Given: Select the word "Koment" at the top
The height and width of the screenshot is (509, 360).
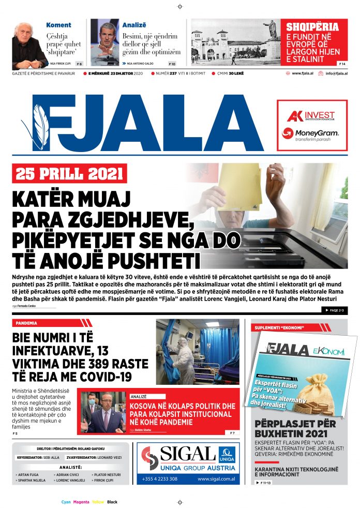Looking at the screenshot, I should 59,25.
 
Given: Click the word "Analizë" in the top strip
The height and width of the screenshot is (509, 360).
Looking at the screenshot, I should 134,25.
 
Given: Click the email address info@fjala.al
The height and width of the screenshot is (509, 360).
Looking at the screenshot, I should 336,73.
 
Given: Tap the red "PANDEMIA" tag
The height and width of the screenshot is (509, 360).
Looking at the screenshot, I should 26,323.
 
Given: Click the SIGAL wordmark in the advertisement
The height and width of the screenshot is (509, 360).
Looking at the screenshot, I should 187,455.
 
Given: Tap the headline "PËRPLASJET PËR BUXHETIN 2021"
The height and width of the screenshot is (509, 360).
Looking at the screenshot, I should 295,429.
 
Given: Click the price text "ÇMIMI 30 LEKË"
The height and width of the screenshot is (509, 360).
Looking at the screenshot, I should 231,73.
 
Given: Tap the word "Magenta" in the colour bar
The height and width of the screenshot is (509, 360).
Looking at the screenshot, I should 81,502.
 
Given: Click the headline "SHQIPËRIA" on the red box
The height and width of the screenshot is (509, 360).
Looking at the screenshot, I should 313,27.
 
